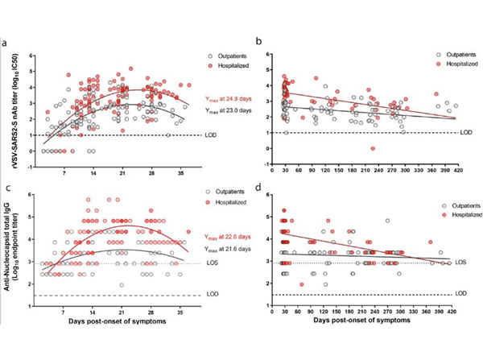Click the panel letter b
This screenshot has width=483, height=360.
tap(255, 40)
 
